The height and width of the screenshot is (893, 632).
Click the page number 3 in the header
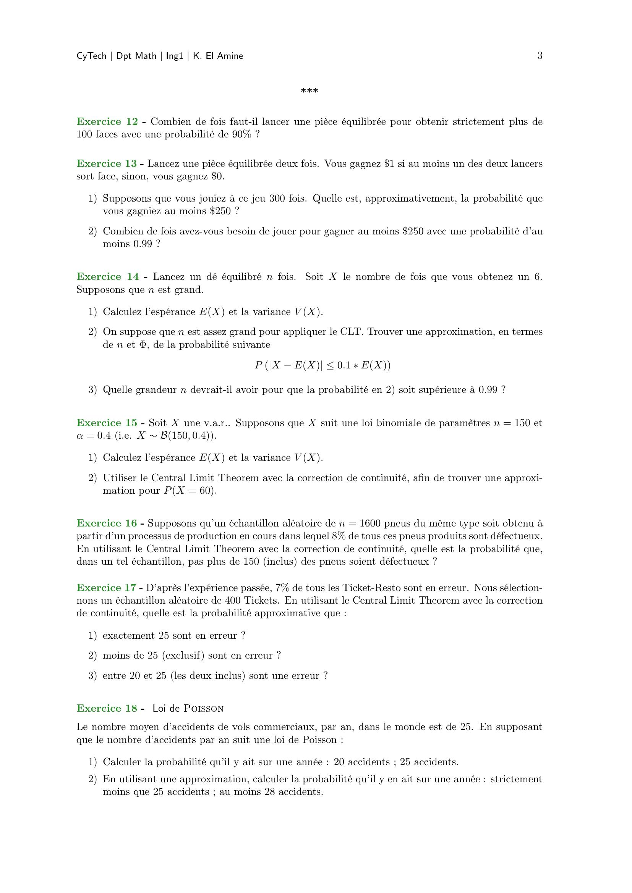click(540, 56)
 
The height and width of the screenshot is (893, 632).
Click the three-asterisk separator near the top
click(310, 91)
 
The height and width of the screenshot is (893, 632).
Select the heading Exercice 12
click(107, 122)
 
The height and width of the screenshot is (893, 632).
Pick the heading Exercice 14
click(107, 276)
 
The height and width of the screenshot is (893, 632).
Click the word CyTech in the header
click(91, 57)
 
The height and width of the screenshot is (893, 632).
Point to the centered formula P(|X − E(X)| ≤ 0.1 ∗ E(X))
click(322, 366)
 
